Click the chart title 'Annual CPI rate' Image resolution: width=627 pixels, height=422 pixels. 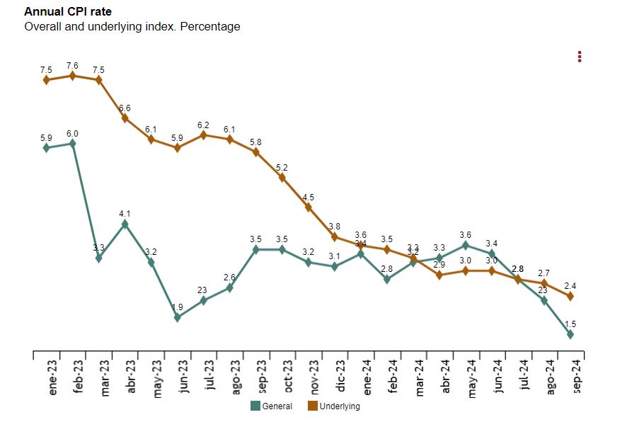coord(68,12)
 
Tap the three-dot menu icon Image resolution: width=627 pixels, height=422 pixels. coord(580,57)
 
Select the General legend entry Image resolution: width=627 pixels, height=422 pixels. coord(272,406)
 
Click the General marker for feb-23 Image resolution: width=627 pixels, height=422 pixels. coord(73,144)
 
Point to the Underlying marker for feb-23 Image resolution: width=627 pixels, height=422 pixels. coord(73,76)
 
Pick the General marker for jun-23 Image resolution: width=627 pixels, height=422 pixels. coord(178,317)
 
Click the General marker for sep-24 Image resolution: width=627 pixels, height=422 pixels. coord(570,333)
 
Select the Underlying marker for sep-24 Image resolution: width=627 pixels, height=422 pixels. coord(570,296)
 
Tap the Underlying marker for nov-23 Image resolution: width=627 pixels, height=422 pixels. coord(309,207)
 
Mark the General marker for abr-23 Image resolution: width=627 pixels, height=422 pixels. coord(125,224)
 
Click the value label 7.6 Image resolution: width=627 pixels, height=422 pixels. coord(73,66)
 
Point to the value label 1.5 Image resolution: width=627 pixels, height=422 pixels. coord(570,324)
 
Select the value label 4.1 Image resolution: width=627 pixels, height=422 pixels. coord(125,213)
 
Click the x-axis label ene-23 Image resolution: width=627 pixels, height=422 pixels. coord(52,378)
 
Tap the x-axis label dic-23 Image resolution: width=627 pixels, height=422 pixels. coord(340,377)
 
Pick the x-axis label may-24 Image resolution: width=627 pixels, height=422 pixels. coord(471,378)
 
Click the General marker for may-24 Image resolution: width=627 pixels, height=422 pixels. coord(466,245)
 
